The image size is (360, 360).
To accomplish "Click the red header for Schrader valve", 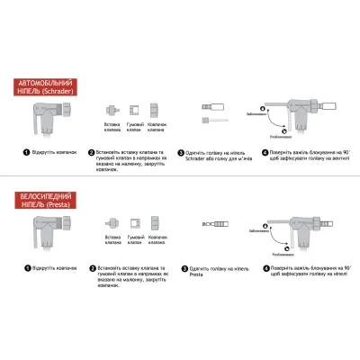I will coord(44,86).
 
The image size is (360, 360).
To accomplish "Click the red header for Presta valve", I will coord(44,200).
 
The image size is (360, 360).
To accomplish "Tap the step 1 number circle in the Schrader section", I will coord(27,152).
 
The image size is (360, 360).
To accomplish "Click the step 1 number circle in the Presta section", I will coord(27,268).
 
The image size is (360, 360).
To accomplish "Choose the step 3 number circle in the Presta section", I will coord(183,268).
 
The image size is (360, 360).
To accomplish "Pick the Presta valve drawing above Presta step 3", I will coord(217,221).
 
